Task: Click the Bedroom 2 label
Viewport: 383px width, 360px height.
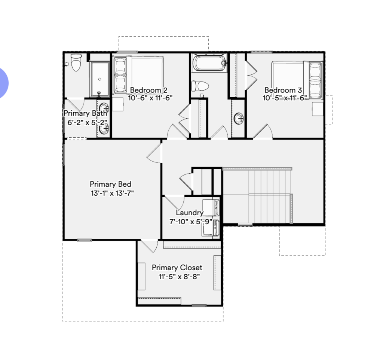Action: [x=148, y=90]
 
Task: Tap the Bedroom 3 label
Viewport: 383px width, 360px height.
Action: [x=283, y=90]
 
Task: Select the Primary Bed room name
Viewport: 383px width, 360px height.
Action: [x=110, y=184]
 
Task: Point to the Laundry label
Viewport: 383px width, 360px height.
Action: [x=190, y=213]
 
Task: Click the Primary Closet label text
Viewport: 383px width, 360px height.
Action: [x=177, y=268]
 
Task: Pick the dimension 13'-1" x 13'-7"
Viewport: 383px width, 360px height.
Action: [x=112, y=193]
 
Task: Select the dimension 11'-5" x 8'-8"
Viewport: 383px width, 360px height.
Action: [x=179, y=277]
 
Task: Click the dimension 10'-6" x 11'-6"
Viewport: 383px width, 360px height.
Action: [x=150, y=98]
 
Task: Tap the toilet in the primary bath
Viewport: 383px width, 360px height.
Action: [x=76, y=62]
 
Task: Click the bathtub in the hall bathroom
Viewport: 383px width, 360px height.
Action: [x=209, y=63]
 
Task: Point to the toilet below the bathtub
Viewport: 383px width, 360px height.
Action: [x=200, y=86]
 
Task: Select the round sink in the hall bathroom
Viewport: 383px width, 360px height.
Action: [x=238, y=119]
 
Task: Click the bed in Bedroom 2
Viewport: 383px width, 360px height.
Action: [x=138, y=75]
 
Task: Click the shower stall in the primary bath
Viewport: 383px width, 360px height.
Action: [x=99, y=79]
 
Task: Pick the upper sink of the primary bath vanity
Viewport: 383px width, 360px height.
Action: [x=104, y=108]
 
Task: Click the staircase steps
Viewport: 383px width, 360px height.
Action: [x=258, y=195]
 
